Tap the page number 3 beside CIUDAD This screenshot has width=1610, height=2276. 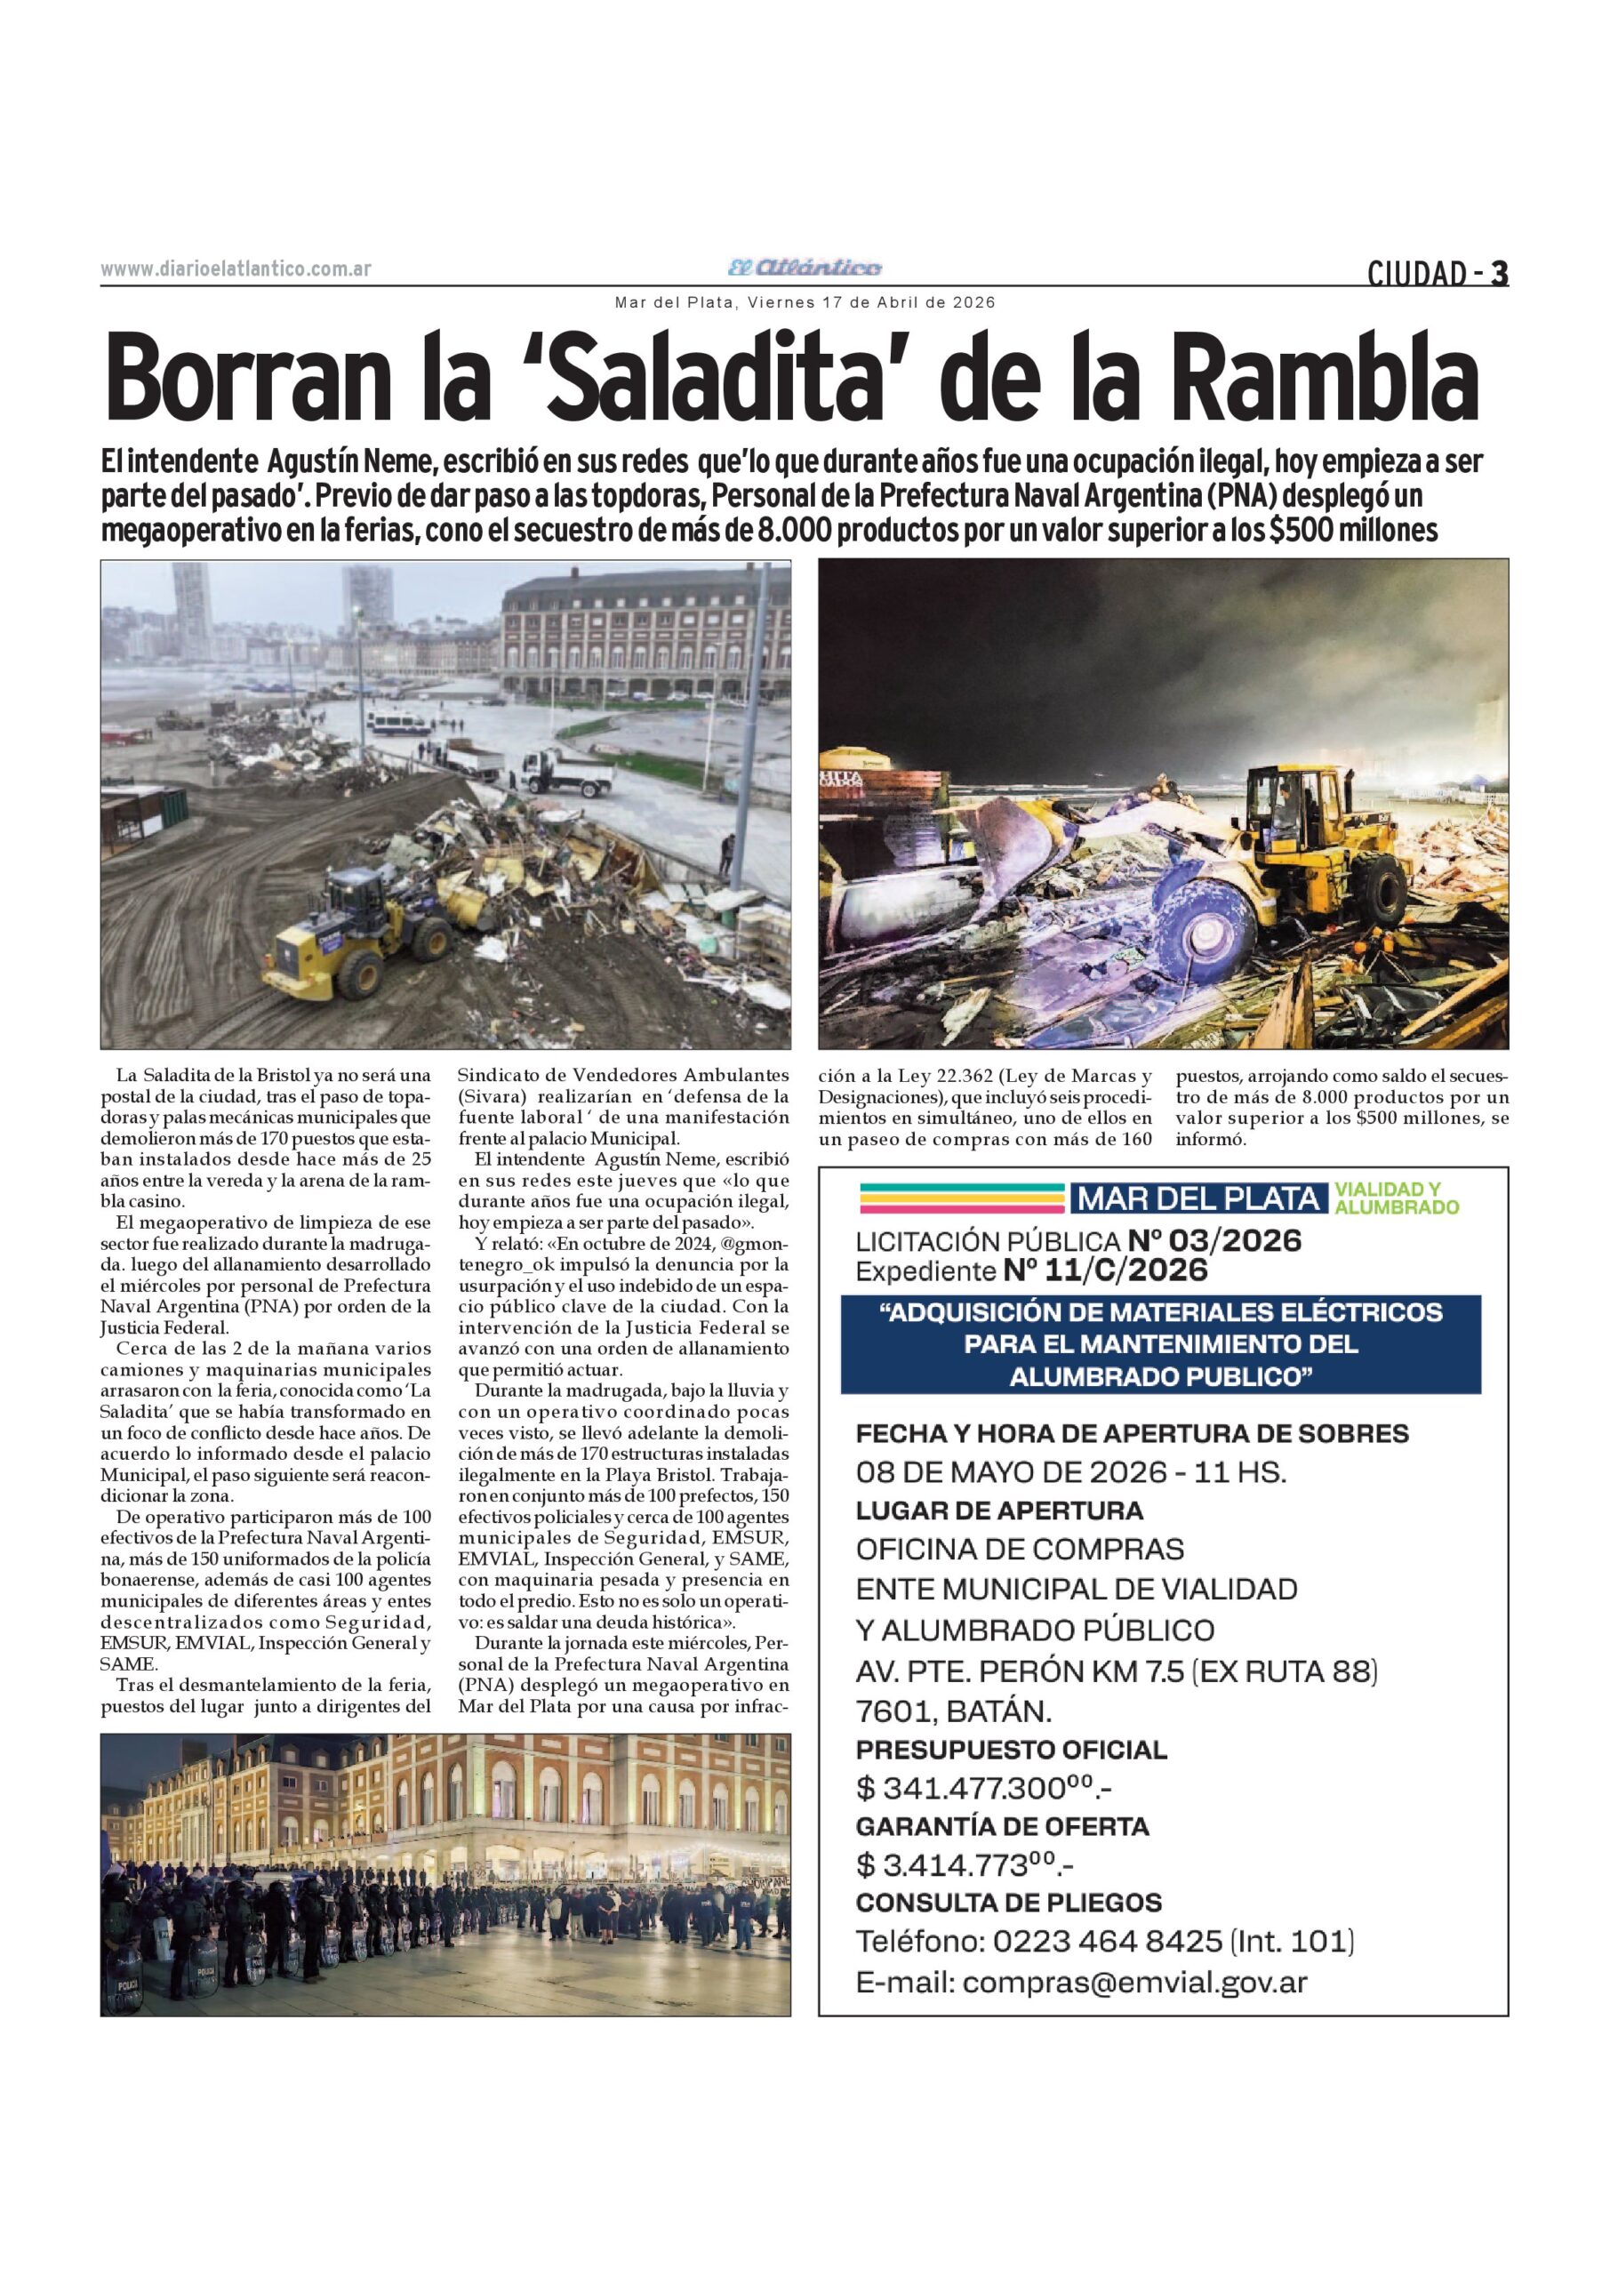[x=1500, y=273]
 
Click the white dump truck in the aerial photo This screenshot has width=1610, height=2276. [x=566, y=771]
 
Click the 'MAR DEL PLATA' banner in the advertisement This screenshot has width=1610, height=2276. [x=1197, y=1198]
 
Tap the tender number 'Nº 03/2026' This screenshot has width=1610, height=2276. [x=1214, y=1241]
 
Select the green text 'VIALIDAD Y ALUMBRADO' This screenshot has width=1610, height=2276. [x=1396, y=1198]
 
